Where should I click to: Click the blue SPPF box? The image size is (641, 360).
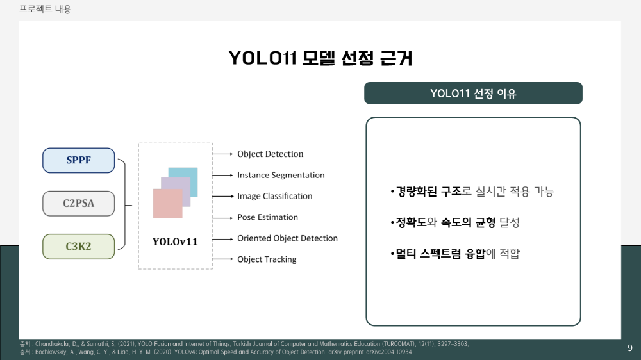pyautogui.click(x=78, y=160)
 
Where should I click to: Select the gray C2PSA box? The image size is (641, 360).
pyautogui.click(x=78, y=204)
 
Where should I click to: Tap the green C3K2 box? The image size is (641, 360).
pyautogui.click(x=78, y=247)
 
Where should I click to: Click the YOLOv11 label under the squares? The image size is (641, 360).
pyautogui.click(x=175, y=241)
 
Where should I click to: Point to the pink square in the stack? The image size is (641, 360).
pyautogui.click(x=167, y=204)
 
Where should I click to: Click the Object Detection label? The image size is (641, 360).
pyautogui.click(x=271, y=154)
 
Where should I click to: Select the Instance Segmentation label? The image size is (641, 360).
pyautogui.click(x=281, y=175)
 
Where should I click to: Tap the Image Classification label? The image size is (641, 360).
pyautogui.click(x=275, y=196)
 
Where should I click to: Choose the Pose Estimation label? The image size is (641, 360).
pyautogui.click(x=267, y=217)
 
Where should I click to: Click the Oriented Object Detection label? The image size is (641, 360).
pyautogui.click(x=287, y=238)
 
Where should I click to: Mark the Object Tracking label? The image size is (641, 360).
pyautogui.click(x=267, y=259)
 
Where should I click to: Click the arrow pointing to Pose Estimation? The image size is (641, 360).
pyautogui.click(x=222, y=218)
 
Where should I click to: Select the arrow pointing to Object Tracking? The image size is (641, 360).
pyautogui.click(x=222, y=259)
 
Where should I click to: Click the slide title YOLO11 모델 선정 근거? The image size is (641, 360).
pyautogui.click(x=320, y=58)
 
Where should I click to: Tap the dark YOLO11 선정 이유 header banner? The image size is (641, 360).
pyautogui.click(x=473, y=93)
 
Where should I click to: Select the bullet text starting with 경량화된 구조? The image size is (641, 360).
pyautogui.click(x=472, y=192)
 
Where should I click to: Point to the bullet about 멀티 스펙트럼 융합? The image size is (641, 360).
pyautogui.click(x=455, y=254)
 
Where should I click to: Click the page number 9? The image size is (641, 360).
pyautogui.click(x=630, y=348)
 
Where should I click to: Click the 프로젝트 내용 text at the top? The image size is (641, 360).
pyautogui.click(x=45, y=9)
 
